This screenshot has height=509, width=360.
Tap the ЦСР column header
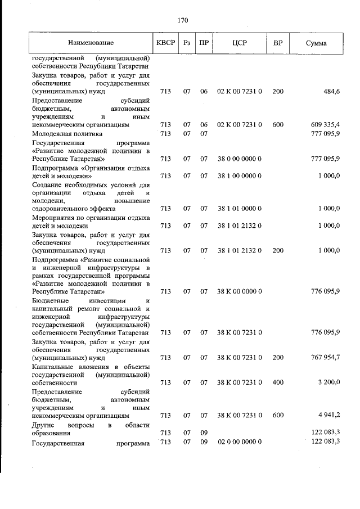240,43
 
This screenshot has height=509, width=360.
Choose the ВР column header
278,43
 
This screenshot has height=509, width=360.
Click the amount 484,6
330,91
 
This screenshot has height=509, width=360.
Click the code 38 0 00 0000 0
240,159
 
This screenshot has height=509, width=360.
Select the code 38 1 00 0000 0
240,175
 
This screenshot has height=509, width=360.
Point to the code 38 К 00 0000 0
240,291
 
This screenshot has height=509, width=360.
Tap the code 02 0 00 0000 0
240,442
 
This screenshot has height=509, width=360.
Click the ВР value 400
278,382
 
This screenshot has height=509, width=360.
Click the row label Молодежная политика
67,134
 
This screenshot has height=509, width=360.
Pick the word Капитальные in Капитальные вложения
51,366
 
